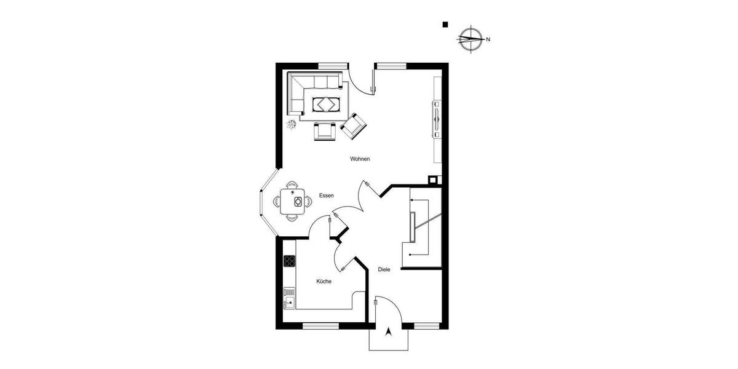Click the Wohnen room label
coord(360,159)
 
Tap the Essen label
coord(326,196)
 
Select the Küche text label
coord(324,281)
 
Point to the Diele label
coord(384,269)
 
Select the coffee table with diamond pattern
coord(325,104)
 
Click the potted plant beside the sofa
coord(292,125)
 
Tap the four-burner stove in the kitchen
coord(289,261)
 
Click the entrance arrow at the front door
coord(388,333)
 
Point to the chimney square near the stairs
coord(434,180)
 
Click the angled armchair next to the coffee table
coord(354,127)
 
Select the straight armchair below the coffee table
coord(325,130)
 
